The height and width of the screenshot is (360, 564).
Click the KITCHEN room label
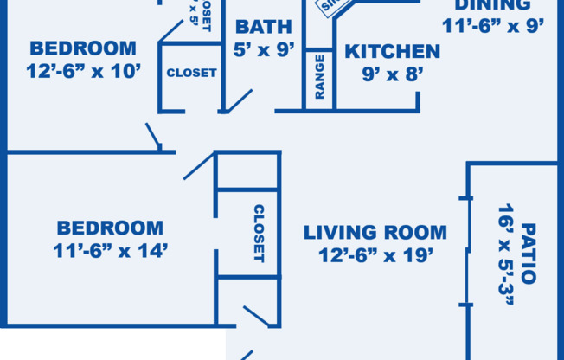pos(392,51)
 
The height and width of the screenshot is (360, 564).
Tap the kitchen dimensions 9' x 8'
pos(392,74)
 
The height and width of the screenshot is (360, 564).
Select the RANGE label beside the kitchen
pos(319,76)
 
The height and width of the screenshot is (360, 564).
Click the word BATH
pos(263,27)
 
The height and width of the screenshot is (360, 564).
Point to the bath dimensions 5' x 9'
pos(263,49)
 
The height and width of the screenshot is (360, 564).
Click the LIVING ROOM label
pos(375,232)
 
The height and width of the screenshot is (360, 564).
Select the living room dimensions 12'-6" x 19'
pos(375,255)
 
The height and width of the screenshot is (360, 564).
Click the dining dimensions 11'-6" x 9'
pos(493,26)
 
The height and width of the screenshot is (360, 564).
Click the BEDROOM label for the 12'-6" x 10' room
pos(82,48)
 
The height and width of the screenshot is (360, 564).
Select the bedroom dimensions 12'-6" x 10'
pos(82,72)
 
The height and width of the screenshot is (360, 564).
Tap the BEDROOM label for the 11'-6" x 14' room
pos(110,228)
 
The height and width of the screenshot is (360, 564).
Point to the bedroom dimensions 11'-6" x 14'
pos(110,252)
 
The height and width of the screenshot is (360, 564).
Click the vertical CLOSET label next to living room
pos(258,233)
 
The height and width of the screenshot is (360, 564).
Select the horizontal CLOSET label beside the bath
pos(191,73)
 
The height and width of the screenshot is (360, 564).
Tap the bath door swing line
pos(237,100)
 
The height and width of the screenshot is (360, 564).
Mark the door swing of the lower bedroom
pos(198,166)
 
